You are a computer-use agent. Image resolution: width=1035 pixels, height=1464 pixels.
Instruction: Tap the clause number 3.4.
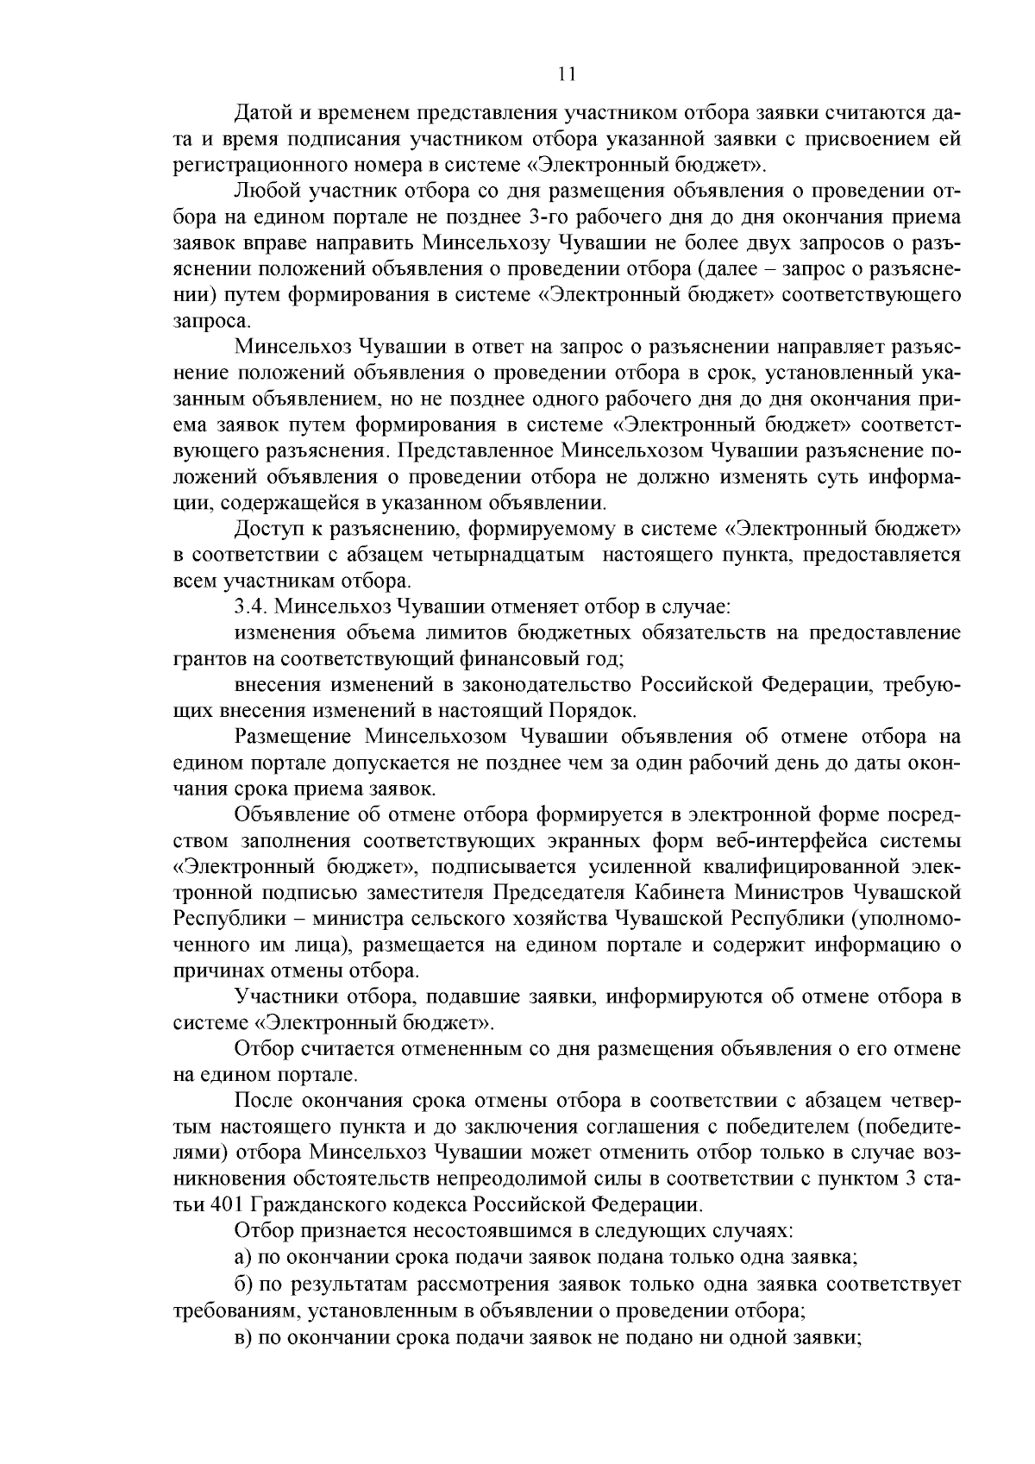coord(249,606)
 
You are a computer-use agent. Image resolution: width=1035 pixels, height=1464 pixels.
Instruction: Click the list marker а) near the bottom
coord(242,1257)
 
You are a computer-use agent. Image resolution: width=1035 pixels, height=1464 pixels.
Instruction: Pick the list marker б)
coord(242,1284)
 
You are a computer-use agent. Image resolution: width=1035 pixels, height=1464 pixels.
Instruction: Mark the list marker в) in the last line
coord(242,1336)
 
